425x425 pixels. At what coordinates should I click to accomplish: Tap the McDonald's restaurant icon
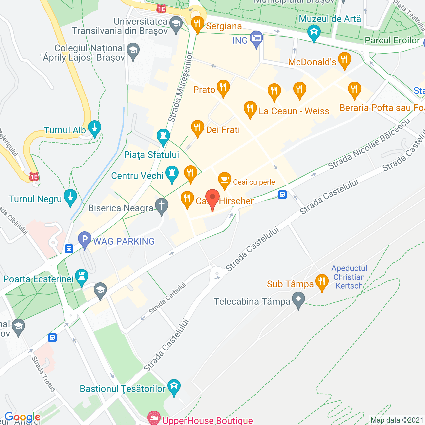[344, 60]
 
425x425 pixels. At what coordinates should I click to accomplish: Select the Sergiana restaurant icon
[197, 24]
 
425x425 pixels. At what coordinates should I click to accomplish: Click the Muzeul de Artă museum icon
[314, 32]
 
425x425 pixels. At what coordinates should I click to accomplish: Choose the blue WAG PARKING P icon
[85, 239]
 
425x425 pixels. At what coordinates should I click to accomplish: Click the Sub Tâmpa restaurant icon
[322, 282]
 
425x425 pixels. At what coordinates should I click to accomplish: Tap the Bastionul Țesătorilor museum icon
[174, 386]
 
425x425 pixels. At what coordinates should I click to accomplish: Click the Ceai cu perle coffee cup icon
[225, 180]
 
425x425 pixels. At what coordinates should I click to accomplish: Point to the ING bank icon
[256, 38]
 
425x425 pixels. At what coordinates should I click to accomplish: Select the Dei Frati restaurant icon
[197, 127]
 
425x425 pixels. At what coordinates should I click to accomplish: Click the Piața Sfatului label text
[151, 155]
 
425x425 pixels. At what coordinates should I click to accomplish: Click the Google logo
[22, 417]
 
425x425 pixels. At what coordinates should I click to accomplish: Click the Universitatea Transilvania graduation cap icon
[176, 24]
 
